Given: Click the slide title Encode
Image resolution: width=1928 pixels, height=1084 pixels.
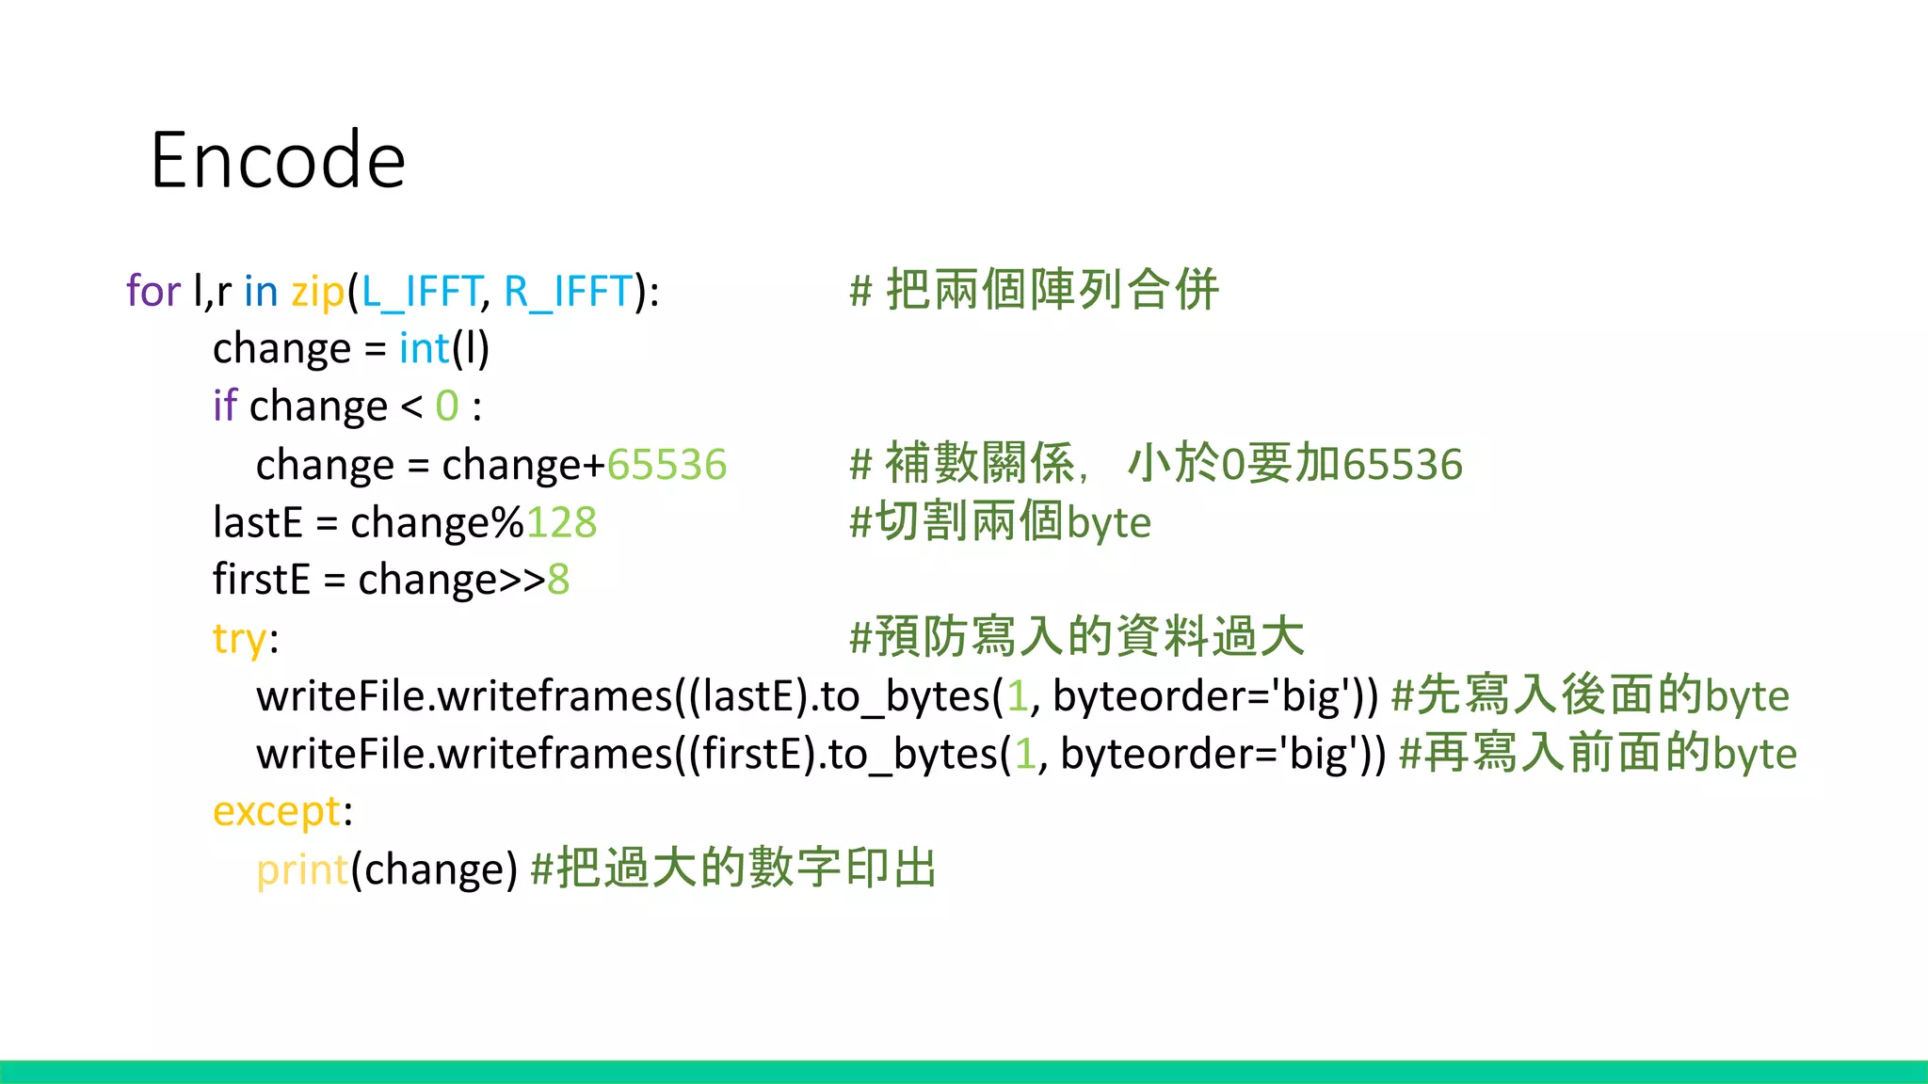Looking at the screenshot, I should point(278,160).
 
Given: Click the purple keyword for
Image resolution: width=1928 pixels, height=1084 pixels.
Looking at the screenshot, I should point(153,291).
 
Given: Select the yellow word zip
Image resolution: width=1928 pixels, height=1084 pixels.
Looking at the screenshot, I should point(317,292).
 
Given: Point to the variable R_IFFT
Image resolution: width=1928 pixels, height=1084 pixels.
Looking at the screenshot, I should point(568,292).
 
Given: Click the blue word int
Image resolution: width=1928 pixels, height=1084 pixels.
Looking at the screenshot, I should point(424,349).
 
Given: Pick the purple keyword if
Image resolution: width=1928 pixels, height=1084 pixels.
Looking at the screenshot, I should point(225,406).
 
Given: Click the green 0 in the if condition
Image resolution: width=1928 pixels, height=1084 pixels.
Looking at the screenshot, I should point(446,406).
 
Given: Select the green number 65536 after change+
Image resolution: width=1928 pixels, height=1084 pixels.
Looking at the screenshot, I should point(667,465).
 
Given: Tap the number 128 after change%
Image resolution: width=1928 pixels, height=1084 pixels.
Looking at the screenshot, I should point(561,522).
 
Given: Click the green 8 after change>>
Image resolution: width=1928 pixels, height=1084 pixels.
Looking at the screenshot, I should point(558,580).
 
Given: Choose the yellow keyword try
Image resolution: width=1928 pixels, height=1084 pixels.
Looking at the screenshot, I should point(240,639).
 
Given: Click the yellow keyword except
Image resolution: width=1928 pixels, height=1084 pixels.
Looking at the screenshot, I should point(277,811).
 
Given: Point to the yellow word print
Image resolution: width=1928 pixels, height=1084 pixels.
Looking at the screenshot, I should point(302,869).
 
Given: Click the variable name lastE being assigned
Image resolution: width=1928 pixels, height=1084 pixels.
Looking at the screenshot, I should point(258,522).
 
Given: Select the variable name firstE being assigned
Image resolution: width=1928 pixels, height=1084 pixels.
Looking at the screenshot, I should point(261,580).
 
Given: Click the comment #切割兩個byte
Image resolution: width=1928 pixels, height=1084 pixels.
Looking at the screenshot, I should point(1000,522).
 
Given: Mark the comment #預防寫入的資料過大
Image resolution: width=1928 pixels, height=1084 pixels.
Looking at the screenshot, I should point(1076,637).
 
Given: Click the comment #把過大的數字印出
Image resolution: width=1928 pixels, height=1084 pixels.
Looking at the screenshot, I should point(733,869).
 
